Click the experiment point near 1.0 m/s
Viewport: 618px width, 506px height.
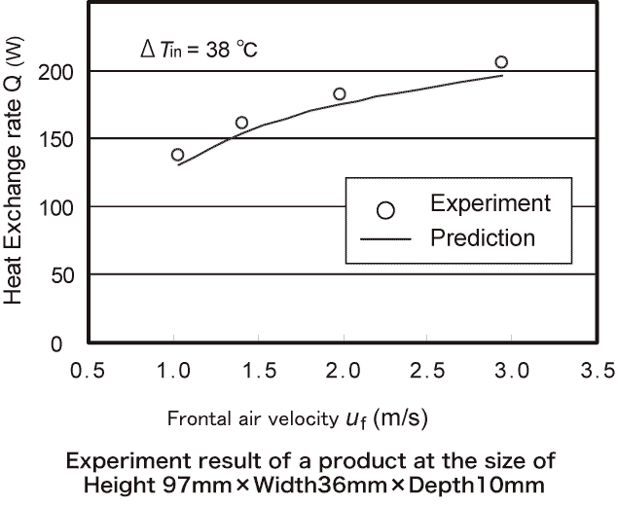(177, 155)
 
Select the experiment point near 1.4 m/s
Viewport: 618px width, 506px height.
(241, 123)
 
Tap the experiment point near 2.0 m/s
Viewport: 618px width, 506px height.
(340, 94)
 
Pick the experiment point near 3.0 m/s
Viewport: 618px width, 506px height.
(501, 62)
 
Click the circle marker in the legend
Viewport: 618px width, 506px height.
(385, 209)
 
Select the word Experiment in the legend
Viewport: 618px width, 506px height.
(491, 204)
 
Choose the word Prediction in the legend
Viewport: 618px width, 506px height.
(483, 237)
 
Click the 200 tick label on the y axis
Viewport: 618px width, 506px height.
(57, 72)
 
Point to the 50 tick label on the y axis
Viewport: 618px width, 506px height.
(62, 275)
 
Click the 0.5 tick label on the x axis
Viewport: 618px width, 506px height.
(89, 371)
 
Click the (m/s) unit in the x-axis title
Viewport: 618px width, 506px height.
(400, 418)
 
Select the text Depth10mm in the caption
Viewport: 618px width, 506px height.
(477, 484)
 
